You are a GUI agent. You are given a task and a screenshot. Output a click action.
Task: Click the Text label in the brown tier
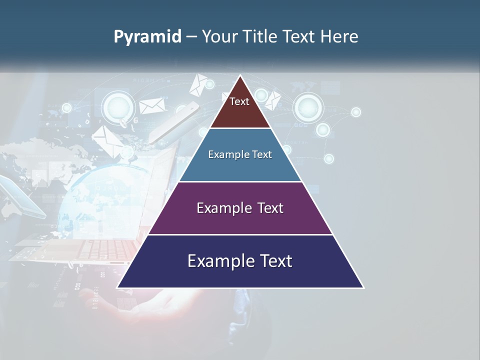239,101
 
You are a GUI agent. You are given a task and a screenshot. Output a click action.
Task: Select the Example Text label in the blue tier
240,154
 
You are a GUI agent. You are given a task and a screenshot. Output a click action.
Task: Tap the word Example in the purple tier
219,208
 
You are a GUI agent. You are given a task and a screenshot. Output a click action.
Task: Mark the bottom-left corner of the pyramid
118,287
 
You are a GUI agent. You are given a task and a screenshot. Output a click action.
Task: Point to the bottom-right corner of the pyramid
363,287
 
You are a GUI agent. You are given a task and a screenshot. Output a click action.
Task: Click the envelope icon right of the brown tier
272,100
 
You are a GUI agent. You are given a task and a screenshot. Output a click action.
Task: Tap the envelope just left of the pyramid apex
198,84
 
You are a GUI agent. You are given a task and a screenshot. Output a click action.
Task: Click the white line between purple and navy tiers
240,234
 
